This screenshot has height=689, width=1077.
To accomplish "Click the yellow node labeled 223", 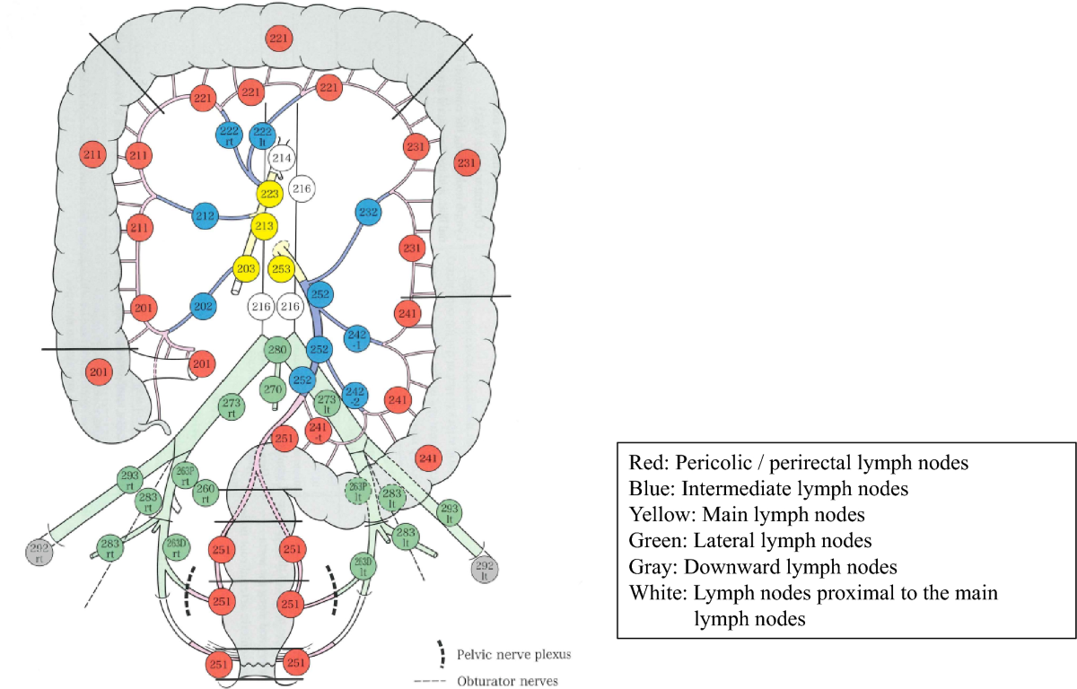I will (268, 194).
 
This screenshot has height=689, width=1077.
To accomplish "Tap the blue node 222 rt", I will (230, 135).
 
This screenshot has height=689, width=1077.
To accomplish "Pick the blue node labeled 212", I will (206, 215).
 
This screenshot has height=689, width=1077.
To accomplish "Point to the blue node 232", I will (368, 213).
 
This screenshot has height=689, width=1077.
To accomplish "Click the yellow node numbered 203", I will (246, 267).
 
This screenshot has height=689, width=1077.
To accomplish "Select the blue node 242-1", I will (356, 336).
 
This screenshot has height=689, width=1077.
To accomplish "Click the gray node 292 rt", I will (39, 553).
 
